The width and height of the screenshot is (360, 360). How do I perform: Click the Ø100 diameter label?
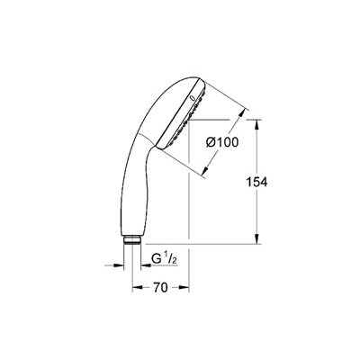pyautogui.click(x=222, y=142)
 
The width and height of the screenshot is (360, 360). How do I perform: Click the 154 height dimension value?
pyautogui.click(x=256, y=182)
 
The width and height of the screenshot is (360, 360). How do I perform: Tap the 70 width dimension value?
pyautogui.click(x=160, y=288)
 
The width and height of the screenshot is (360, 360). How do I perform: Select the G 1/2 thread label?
pyautogui.click(x=164, y=259)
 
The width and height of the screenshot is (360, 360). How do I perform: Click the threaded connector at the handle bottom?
pyautogui.click(x=132, y=240)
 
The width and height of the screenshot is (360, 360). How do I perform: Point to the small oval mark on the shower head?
pyautogui.click(x=193, y=97)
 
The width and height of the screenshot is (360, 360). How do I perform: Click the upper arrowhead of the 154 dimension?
pyautogui.click(x=256, y=125)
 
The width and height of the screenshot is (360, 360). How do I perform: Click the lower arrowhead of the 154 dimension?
pyautogui.click(x=256, y=238)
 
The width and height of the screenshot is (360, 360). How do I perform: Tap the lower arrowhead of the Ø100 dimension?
pyautogui.click(x=205, y=170)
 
